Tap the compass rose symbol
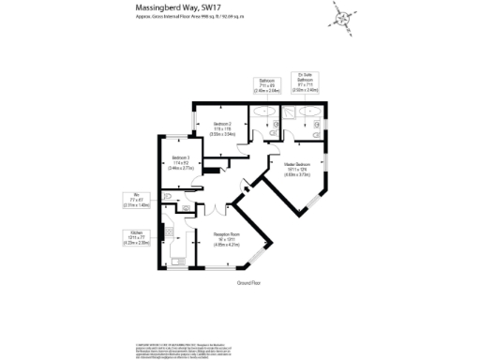click(342, 17)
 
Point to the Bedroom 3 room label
click(181, 160)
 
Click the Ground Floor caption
click(248, 281)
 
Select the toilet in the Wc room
click(168, 197)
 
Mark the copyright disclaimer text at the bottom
click(240, 323)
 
